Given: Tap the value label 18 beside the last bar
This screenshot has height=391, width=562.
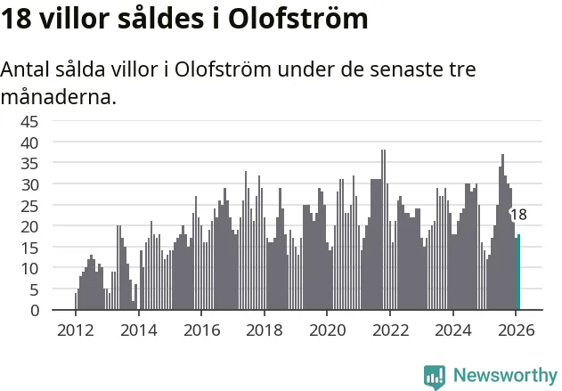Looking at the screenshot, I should tap(518, 215).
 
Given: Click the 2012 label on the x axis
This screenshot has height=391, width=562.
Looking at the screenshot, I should tap(75, 329).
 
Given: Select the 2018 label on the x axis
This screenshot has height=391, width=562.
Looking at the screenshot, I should tap(264, 329).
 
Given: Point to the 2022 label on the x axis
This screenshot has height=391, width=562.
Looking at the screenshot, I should tap(389, 329).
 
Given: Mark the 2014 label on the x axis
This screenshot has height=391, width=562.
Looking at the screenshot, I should tap(138, 329).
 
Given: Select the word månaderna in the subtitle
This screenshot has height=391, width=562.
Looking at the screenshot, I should tap(58, 96).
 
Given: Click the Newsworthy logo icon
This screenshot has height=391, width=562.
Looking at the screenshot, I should tap(435, 376).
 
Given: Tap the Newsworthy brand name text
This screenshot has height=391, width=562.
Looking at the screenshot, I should tap(504, 376).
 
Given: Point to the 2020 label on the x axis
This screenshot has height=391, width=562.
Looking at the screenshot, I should tap(327, 329).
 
